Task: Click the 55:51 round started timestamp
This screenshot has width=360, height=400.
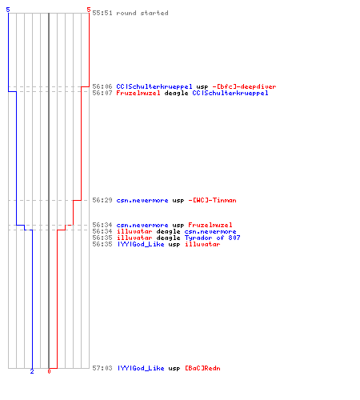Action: [102, 13]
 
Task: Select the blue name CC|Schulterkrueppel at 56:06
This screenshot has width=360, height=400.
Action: [154, 86]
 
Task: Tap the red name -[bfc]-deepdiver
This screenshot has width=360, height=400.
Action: [244, 86]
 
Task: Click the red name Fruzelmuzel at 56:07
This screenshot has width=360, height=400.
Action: [138, 93]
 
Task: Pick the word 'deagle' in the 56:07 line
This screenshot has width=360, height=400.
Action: [176, 93]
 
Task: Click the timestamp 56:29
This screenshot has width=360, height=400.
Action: [102, 200]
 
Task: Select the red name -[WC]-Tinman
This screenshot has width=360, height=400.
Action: [212, 200]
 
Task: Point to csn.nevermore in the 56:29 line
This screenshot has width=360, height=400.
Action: [142, 200]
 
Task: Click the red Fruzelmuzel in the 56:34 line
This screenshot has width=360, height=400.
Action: [210, 225]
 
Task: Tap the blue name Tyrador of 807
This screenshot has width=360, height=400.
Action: [212, 238]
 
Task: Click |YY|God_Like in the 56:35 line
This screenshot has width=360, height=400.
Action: [141, 244]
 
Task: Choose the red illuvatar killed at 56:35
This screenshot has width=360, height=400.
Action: [202, 244]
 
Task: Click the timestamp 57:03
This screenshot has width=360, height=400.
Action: [102, 368]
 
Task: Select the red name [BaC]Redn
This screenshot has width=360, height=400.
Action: [202, 368]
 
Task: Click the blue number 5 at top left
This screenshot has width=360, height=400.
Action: [8, 10]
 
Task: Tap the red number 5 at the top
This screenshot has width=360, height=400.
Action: [89, 10]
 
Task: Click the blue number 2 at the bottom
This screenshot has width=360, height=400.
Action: [32, 371]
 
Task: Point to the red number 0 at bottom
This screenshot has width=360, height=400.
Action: [49, 371]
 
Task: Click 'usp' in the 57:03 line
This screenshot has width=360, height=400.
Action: [174, 368]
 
